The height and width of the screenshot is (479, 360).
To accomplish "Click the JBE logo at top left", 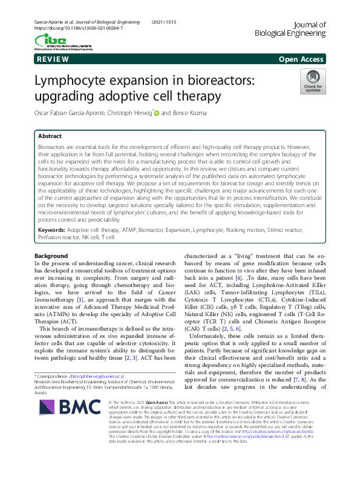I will (x=59, y=41).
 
